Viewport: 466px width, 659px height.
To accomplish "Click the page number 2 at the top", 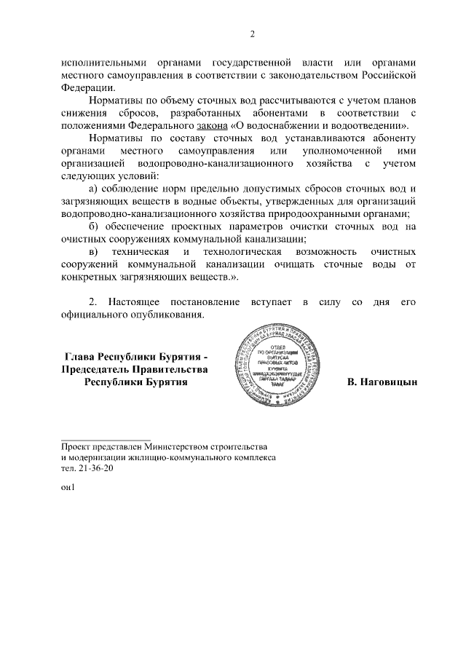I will tap(253, 33).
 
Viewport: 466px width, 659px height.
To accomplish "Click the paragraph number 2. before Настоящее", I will tap(93, 301).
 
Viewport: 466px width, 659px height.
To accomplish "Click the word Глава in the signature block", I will tap(81, 357).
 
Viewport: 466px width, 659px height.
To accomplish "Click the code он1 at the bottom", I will tap(68, 487).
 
